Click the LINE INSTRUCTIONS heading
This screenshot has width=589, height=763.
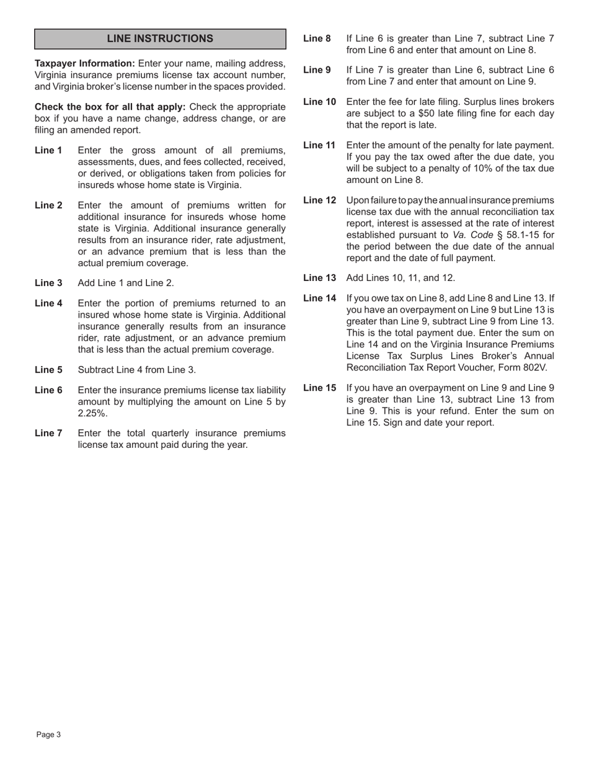[160, 38]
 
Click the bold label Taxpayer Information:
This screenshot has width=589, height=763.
[84, 63]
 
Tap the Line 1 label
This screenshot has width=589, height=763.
[48, 150]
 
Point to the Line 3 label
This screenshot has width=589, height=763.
[48, 283]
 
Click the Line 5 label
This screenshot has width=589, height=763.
[48, 370]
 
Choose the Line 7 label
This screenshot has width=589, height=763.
[48, 433]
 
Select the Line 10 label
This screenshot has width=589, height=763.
[319, 102]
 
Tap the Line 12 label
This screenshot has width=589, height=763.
[319, 200]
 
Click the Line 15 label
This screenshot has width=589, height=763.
[319, 388]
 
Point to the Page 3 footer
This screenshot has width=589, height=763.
[48, 735]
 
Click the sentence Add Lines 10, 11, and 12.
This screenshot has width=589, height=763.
[401, 278]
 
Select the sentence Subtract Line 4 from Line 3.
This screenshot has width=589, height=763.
[136, 370]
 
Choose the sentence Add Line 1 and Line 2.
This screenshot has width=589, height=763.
[126, 283]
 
